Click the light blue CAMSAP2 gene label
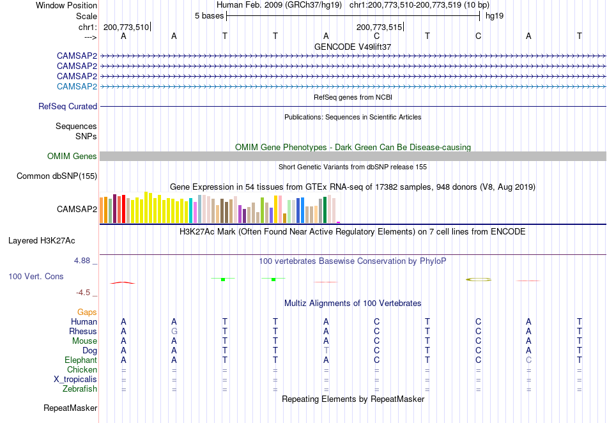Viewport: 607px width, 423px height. coord(77,86)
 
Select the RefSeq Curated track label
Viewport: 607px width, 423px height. coord(67,107)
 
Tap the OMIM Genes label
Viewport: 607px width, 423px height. coord(72,156)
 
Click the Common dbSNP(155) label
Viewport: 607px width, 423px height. coord(56,176)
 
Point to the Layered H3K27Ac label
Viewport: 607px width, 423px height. coord(42,241)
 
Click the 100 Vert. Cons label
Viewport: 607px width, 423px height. coord(36,276)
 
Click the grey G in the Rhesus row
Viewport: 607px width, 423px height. coord(174,331)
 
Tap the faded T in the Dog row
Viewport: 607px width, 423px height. coord(327,351)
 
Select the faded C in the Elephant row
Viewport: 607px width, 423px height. coord(529,360)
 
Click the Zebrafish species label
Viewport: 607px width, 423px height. coord(80,388)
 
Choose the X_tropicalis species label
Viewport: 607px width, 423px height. coord(75,380)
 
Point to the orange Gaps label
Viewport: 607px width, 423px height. coord(87,312)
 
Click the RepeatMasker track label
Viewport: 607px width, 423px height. coord(70,408)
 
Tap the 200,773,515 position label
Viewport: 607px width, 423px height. coord(379,27)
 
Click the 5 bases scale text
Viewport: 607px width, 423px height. coord(209,16)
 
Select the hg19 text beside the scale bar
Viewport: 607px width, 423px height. coord(495,16)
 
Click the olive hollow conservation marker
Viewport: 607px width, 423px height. coord(479,279)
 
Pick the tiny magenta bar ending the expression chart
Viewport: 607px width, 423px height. coord(339,222)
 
